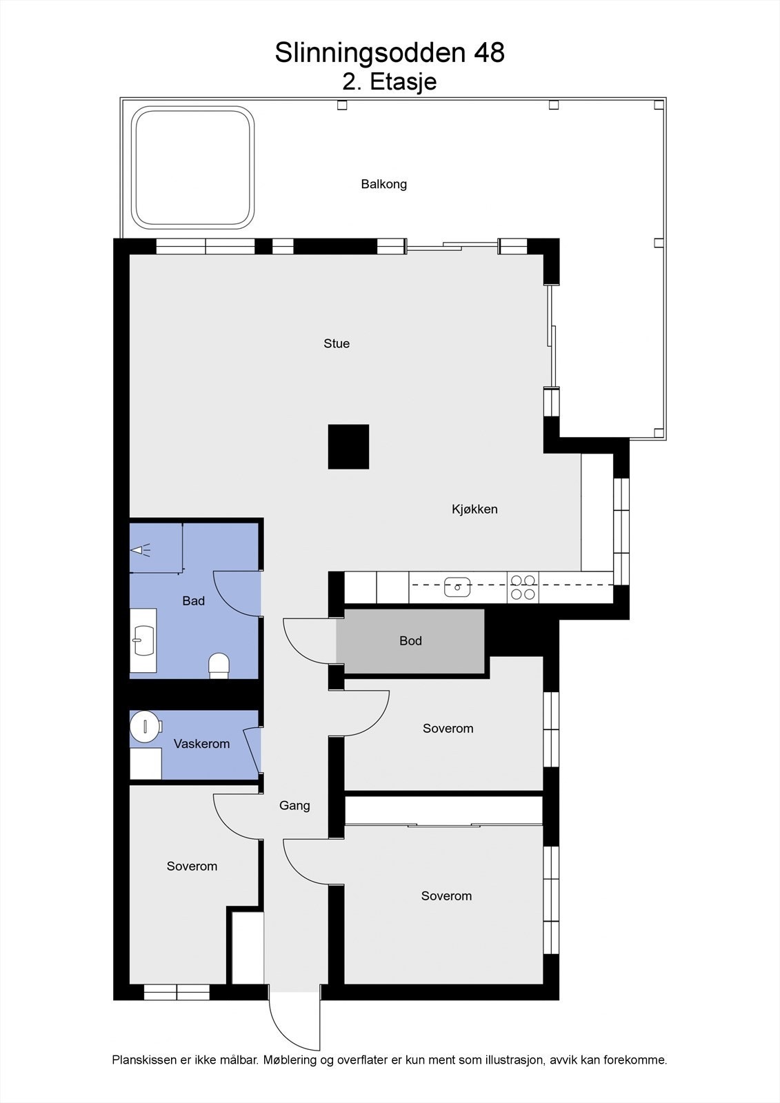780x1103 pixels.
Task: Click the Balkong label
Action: pyautogui.click(x=384, y=184)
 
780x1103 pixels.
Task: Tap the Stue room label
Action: pyautogui.click(x=337, y=343)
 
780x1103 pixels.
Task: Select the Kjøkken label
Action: pyautogui.click(x=474, y=509)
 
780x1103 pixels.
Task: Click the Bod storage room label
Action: pyautogui.click(x=410, y=641)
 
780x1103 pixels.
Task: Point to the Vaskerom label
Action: pyautogui.click(x=201, y=744)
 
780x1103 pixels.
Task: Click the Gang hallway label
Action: pyautogui.click(x=294, y=805)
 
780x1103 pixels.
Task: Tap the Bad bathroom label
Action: pyautogui.click(x=193, y=601)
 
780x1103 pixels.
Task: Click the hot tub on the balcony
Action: pyautogui.click(x=194, y=168)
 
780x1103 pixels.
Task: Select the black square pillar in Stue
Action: pyautogui.click(x=348, y=447)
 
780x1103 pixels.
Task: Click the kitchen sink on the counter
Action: pyautogui.click(x=457, y=587)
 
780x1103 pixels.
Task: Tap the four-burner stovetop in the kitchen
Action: pyautogui.click(x=523, y=587)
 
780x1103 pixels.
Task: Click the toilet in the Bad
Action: pyautogui.click(x=219, y=665)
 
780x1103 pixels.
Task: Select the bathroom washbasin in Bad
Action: pyautogui.click(x=144, y=640)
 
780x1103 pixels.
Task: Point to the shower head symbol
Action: pyautogui.click(x=141, y=550)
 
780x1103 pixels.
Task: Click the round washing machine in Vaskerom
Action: pyautogui.click(x=146, y=726)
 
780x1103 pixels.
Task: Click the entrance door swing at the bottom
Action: pyautogui.click(x=293, y=1020)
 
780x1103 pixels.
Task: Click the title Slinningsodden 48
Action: pyautogui.click(x=390, y=53)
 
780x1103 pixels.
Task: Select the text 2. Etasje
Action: pyautogui.click(x=390, y=82)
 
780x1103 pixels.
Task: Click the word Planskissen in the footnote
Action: pyautogui.click(x=141, y=1060)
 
